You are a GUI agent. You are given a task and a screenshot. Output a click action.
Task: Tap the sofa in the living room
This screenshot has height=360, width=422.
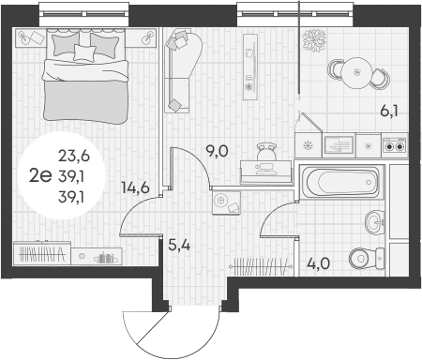(x=178, y=70)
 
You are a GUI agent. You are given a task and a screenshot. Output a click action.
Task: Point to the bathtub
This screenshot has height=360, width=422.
(x=340, y=181)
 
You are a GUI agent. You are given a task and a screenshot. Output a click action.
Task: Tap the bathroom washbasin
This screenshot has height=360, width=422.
(x=372, y=222)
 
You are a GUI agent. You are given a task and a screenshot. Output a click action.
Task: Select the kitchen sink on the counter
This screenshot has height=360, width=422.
(x=338, y=144)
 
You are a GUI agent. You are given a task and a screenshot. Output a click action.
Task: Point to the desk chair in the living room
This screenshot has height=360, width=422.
(x=266, y=151)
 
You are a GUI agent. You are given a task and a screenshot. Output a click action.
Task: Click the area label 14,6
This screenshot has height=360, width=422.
(x=136, y=187)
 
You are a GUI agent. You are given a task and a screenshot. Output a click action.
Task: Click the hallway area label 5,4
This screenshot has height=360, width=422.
(x=179, y=247)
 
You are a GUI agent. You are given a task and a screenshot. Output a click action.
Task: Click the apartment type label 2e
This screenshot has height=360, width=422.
(x=39, y=172)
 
